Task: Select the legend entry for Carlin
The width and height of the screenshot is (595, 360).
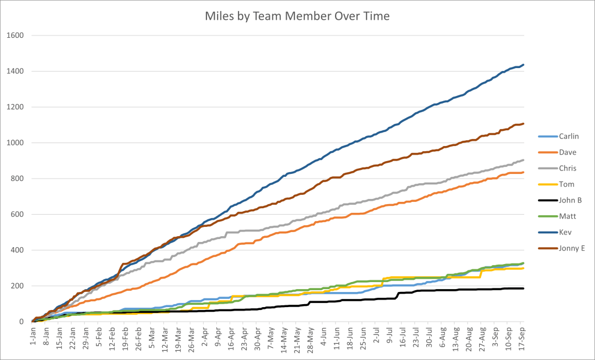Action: click(x=568, y=136)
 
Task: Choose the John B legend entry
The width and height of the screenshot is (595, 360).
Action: click(x=569, y=201)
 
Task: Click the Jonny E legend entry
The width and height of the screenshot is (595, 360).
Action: click(x=570, y=249)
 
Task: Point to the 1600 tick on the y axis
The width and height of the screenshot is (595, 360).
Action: click(x=15, y=35)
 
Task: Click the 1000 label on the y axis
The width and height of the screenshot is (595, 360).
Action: click(x=15, y=143)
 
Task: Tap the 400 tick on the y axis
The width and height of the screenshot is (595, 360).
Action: click(x=17, y=250)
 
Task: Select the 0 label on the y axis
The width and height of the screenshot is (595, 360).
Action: click(x=22, y=322)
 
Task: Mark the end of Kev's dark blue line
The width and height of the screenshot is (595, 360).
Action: click(x=523, y=65)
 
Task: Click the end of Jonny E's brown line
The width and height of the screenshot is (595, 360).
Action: click(x=523, y=123)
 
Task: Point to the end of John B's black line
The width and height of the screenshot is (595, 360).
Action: click(x=523, y=288)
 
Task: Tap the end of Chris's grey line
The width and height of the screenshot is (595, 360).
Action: click(x=523, y=160)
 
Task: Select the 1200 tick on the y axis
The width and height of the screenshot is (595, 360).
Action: click(x=15, y=107)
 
